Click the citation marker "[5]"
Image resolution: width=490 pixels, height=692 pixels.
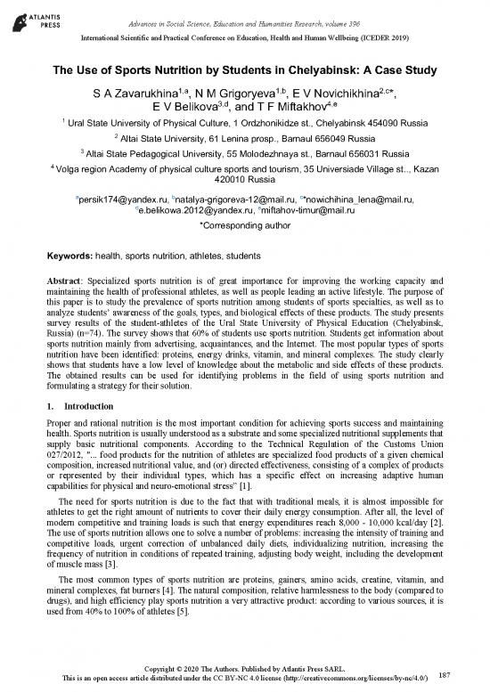(x=234, y=634)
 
